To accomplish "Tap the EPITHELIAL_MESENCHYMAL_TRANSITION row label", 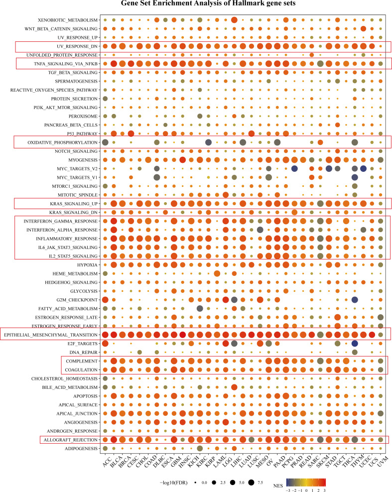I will tap(52, 334).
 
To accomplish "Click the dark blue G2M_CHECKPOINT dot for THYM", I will tap(355, 299).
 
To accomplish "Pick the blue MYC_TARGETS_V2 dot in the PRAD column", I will tap(294, 169).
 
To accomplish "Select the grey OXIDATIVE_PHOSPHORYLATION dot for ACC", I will tap(105, 143).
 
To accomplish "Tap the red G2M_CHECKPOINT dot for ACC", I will tap(105, 299).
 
